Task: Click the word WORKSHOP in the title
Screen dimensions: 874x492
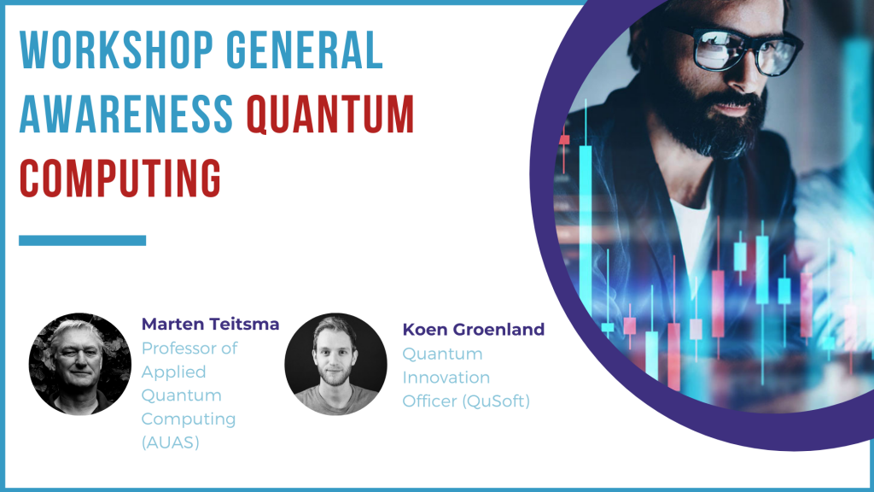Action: tap(116, 50)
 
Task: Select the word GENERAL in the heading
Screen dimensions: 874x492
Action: tap(305, 50)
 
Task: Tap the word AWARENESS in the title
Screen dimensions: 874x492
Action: tap(126, 114)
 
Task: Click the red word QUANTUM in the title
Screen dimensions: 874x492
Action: tap(330, 114)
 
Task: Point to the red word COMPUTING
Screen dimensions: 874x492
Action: tap(120, 179)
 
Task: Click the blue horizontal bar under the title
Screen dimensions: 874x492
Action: tap(83, 240)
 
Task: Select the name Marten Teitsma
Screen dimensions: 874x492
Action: tap(210, 324)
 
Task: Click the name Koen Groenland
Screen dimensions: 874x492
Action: tap(473, 330)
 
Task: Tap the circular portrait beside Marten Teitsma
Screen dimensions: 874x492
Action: tap(80, 364)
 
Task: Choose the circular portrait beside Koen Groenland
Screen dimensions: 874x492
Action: tap(335, 364)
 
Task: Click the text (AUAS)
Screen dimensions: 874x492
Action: tap(171, 442)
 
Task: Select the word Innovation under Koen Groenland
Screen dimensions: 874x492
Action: tap(446, 378)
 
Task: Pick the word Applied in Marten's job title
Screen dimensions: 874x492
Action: tap(174, 372)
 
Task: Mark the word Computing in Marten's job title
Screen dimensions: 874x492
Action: tap(189, 419)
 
